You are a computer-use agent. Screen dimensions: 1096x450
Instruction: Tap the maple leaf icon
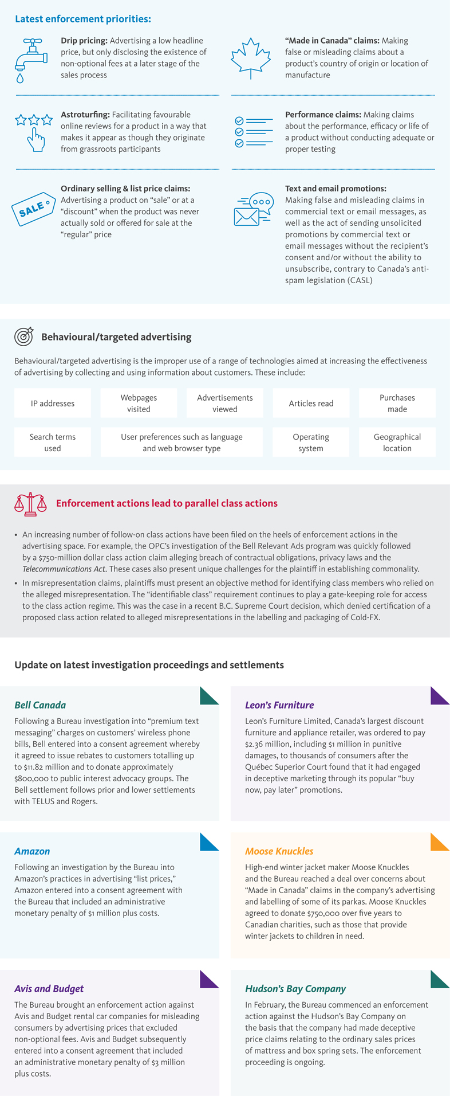pos(250,58)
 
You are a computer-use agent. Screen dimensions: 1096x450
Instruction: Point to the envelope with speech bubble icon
pos(254,209)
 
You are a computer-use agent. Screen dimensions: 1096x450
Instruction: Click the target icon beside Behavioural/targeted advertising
pos(23,336)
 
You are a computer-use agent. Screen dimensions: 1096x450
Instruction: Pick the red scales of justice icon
pos(30,503)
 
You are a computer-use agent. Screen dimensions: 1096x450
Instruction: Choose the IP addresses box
pos(53,403)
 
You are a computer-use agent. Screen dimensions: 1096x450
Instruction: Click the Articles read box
pos(311,403)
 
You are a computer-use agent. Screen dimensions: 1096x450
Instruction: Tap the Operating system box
pos(311,442)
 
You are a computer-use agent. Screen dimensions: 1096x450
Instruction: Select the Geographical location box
pos(397,442)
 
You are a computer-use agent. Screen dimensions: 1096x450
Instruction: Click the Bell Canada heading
pos(40,705)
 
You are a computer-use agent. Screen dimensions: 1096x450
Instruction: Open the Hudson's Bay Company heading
pos(295,989)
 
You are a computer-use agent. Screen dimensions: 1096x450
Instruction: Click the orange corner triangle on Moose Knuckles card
pos(439,841)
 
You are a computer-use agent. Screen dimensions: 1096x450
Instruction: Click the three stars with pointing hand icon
pos(34,131)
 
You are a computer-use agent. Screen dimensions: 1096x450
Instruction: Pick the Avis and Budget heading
pos(49,989)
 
